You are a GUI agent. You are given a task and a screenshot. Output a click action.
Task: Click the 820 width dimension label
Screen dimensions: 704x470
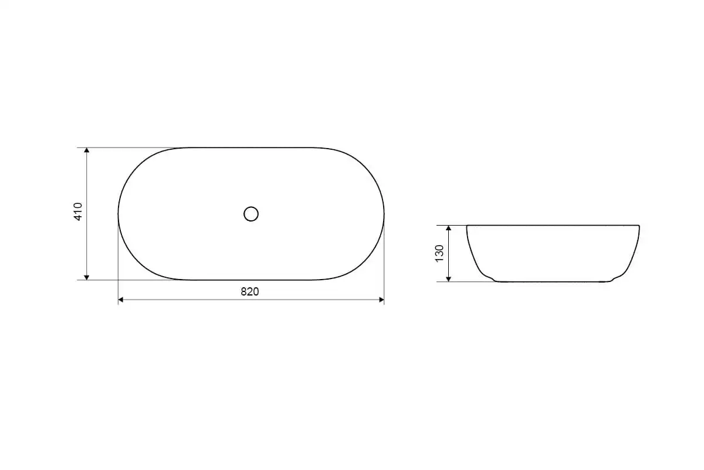point(250,292)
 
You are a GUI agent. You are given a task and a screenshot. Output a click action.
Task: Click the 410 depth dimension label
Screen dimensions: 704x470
point(78,211)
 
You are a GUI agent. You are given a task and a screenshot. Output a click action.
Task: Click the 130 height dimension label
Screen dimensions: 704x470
point(439,253)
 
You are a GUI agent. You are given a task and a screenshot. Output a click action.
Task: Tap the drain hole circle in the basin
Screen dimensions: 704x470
point(251,214)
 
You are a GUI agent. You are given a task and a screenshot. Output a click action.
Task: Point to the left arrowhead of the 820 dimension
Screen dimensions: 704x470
point(121,300)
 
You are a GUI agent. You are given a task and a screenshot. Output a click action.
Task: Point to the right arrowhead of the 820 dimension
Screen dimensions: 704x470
point(381,300)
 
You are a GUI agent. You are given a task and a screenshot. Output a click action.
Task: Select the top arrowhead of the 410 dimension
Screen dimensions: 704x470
point(87,150)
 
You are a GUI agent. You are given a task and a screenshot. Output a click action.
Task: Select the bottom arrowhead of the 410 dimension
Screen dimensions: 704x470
point(87,277)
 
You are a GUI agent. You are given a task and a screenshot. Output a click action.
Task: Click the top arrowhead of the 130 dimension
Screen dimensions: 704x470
point(448,228)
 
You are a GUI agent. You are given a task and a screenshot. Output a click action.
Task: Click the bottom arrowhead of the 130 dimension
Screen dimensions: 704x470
point(448,279)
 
